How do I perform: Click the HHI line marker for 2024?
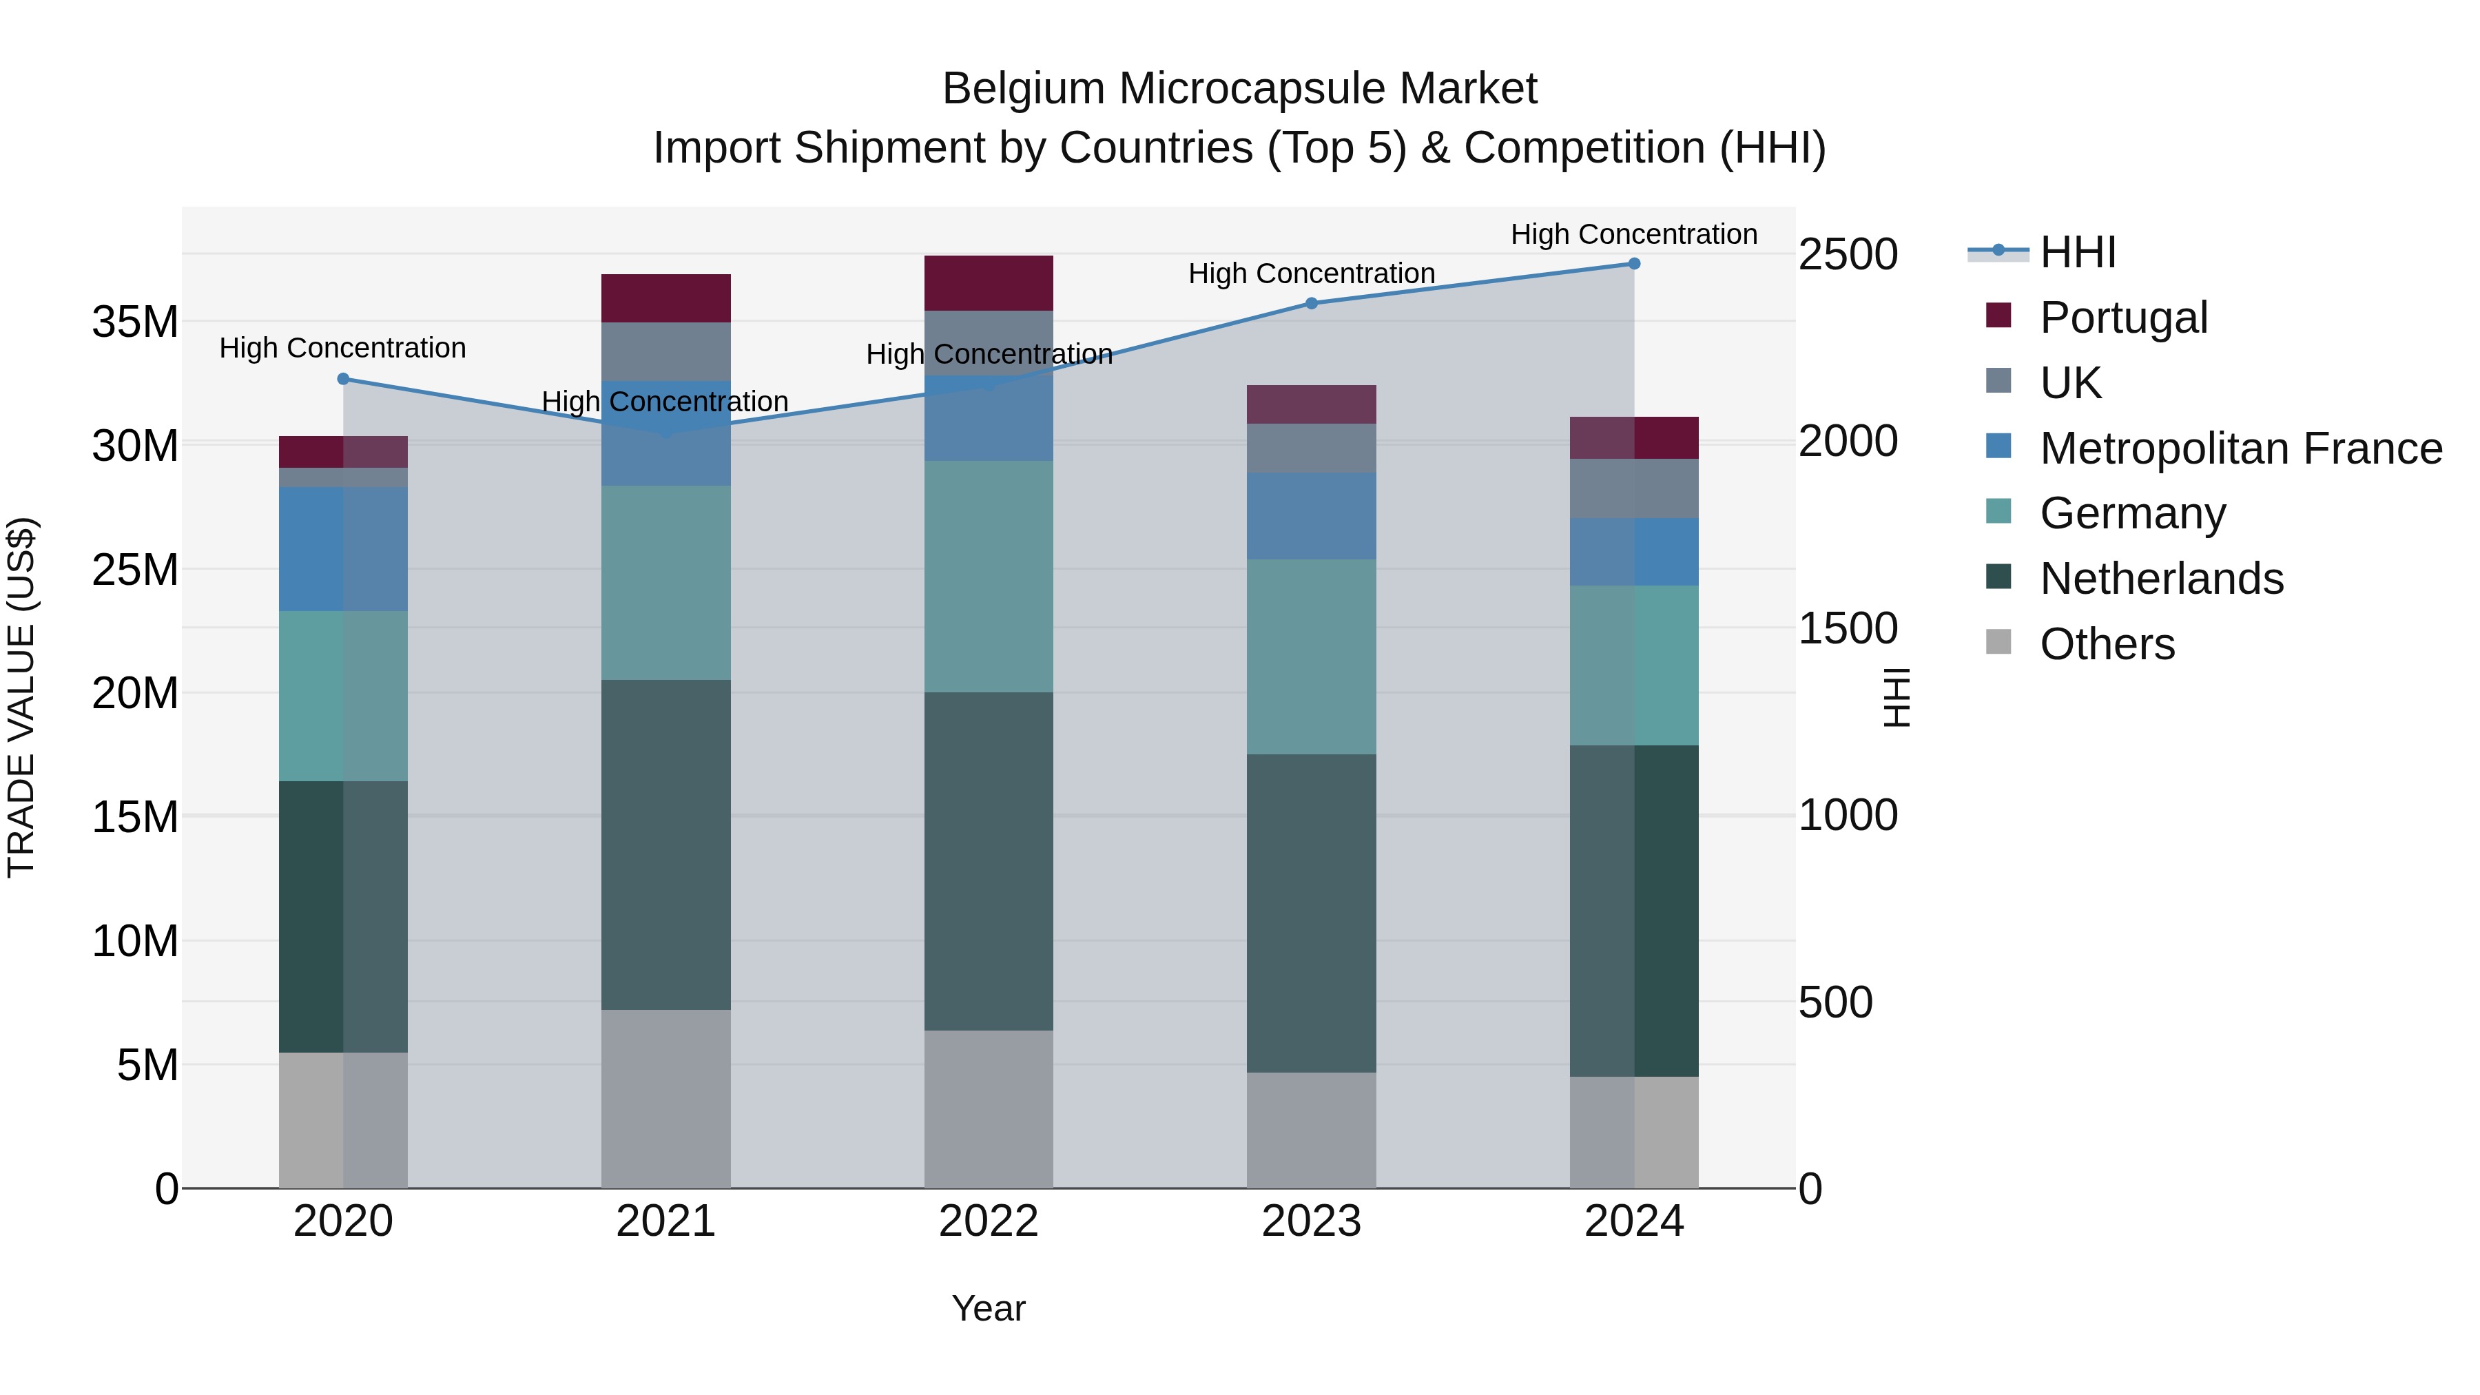(1634, 264)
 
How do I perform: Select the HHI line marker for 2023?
(1311, 303)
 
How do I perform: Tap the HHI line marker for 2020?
(344, 380)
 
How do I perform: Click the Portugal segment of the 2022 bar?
(989, 283)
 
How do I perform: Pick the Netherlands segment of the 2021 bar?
(666, 845)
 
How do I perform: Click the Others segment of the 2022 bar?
(989, 1109)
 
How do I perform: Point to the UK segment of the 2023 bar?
(1311, 448)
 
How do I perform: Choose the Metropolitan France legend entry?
(2240, 448)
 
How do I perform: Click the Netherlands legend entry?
(2161, 579)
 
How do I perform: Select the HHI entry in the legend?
(2078, 252)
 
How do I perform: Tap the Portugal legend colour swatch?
(1998, 316)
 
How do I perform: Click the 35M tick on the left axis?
(135, 322)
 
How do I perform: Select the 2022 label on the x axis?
(989, 1221)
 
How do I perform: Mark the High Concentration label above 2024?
(1634, 234)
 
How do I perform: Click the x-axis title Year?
(989, 1308)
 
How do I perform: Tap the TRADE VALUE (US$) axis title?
(21, 697)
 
